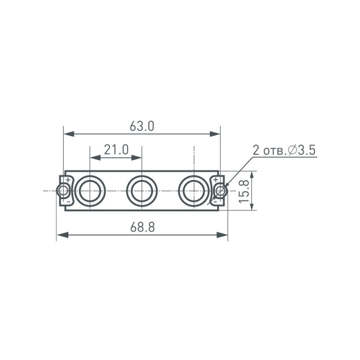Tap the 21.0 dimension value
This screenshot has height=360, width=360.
click(116, 149)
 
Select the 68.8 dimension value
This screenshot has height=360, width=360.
click(142, 227)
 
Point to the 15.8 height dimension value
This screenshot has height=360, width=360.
click(244, 191)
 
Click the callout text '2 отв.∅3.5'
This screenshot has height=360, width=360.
click(284, 150)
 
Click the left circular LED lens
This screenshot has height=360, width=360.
click(90, 191)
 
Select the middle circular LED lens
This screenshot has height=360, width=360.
click(142, 191)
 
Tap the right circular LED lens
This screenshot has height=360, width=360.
click(194, 191)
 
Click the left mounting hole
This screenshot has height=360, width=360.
click(62, 191)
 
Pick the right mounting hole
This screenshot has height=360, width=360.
click(221, 191)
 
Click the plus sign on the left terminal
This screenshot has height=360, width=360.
click(68, 179)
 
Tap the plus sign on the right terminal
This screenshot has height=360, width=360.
click(215, 179)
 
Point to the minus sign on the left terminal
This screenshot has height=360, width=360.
click(68, 203)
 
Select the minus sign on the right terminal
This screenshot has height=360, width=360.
click(215, 203)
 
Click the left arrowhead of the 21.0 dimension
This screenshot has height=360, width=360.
click(94, 157)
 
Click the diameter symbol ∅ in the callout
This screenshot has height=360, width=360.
click(293, 150)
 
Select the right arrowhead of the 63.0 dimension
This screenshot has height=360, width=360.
click(215, 134)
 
